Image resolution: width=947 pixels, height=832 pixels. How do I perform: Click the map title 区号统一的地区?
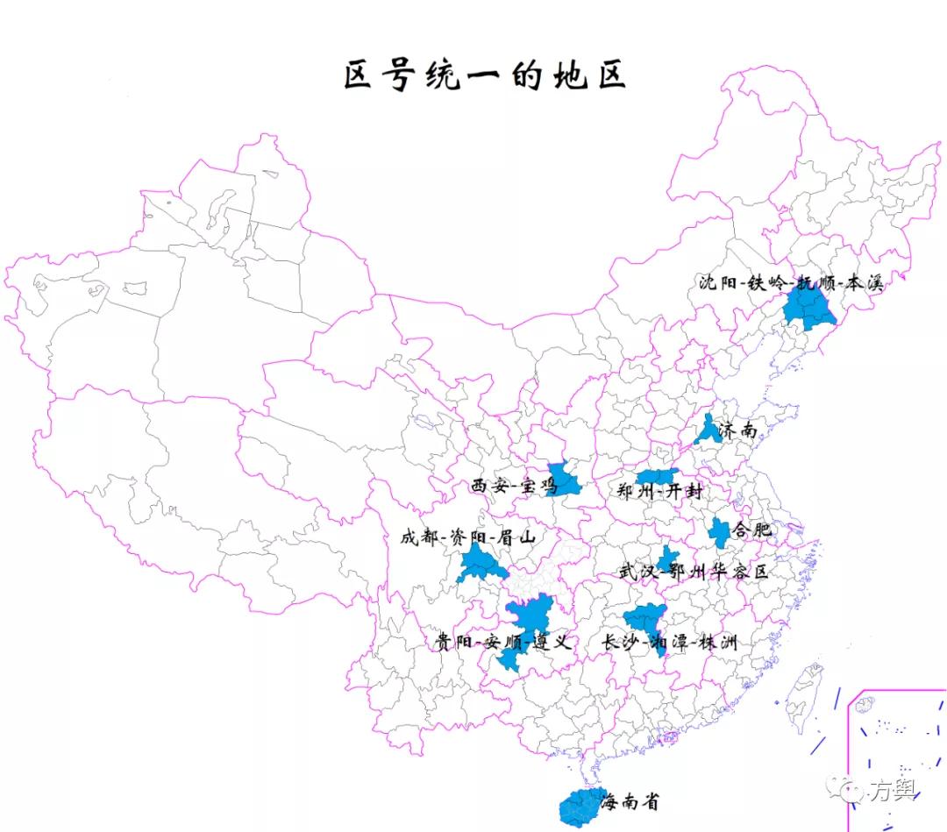(485, 76)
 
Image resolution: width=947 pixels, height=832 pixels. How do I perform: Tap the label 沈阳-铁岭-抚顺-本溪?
(790, 282)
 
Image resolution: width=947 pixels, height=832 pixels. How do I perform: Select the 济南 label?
(737, 431)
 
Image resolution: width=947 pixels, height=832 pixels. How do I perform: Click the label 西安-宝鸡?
(513, 485)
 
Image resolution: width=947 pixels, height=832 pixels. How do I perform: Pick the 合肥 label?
(752, 530)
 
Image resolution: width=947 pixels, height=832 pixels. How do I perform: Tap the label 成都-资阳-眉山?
(467, 537)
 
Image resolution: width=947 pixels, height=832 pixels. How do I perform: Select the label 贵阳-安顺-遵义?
(503, 642)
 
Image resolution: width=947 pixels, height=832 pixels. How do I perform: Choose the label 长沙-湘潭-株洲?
(669, 643)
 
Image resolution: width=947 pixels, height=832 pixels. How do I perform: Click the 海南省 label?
(630, 800)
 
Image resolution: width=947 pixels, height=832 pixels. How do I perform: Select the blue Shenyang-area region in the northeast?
(808, 309)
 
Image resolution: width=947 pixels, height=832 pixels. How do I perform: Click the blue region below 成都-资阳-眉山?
(480, 565)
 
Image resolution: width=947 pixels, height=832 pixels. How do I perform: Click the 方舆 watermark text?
(893, 791)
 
